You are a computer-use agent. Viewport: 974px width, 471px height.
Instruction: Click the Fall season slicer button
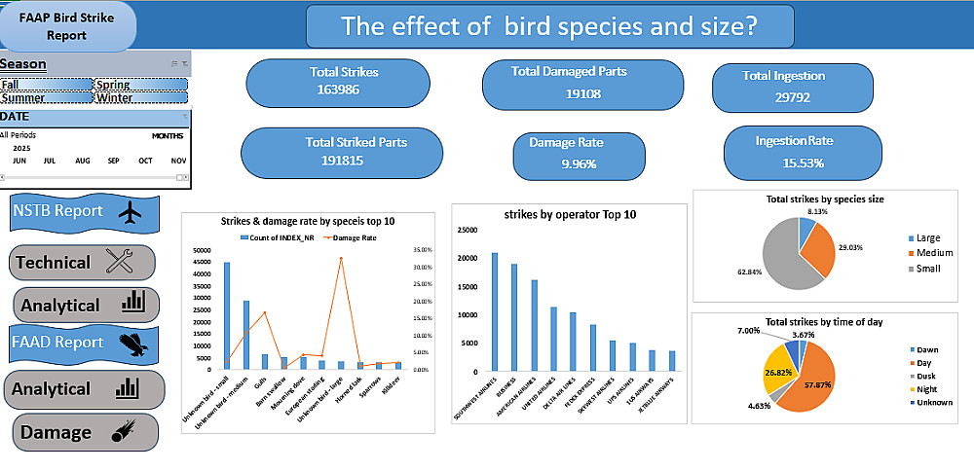(45, 85)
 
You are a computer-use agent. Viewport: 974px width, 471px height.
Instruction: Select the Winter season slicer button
(139, 97)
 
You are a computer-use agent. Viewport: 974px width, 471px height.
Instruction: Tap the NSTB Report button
(85, 211)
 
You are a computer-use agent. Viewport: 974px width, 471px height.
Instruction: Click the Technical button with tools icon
(83, 262)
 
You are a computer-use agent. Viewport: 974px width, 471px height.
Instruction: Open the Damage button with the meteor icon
(85, 431)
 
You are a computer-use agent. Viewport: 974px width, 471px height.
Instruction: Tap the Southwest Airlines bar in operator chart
(495, 311)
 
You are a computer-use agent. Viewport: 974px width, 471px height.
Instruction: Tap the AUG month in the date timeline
(82, 161)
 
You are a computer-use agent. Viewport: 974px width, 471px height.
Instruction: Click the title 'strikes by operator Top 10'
(551, 213)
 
